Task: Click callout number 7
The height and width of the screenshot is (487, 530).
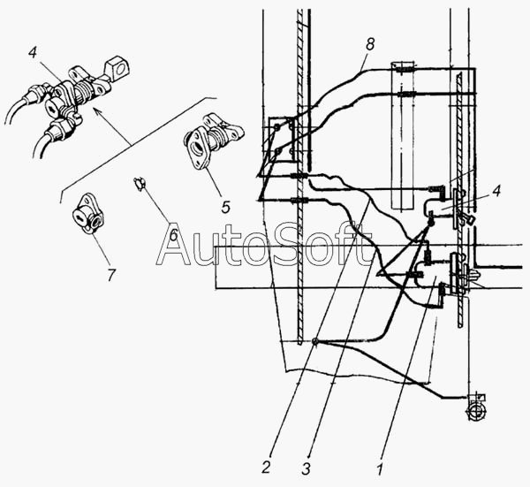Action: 110,276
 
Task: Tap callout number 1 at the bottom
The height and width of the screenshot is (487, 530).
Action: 381,460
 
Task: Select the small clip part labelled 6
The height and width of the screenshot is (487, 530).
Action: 139,183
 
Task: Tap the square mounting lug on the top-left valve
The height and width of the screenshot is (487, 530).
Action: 113,67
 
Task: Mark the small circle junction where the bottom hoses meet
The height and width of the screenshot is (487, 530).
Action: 315,343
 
